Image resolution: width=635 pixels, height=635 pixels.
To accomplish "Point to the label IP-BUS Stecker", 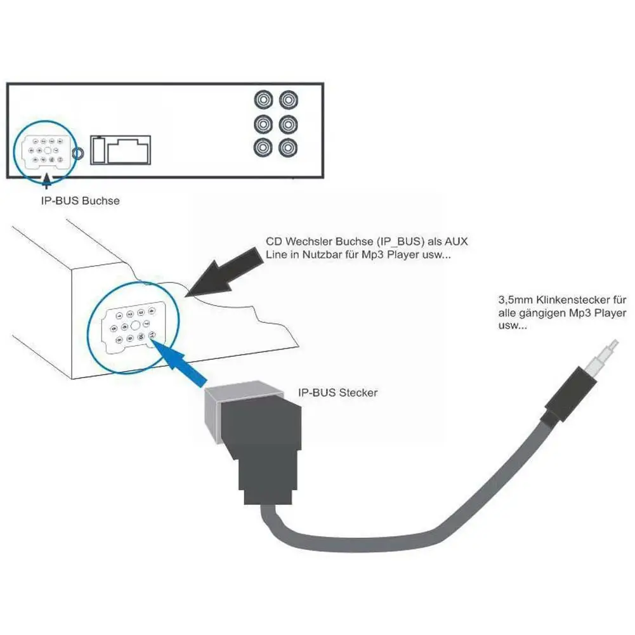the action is pos(337,393).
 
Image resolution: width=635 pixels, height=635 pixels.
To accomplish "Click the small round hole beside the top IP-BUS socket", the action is pos(78,153).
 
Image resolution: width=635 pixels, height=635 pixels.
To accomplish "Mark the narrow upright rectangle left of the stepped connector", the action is pos(98,150).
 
